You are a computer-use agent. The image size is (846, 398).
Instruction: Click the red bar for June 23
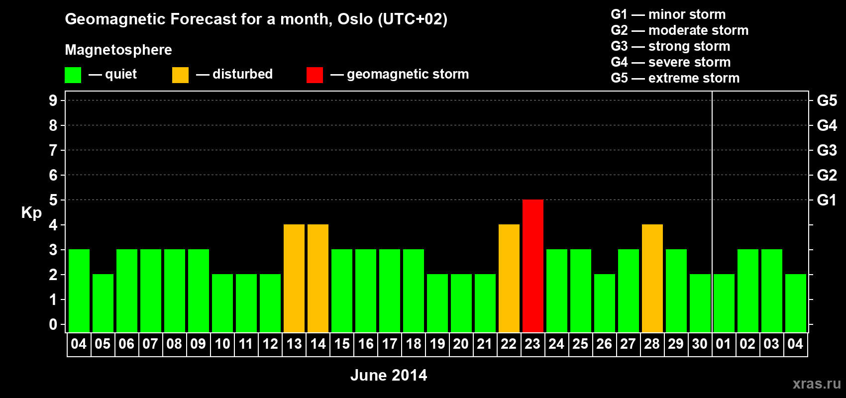[533, 266]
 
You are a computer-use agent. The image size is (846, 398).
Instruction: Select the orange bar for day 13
[294, 278]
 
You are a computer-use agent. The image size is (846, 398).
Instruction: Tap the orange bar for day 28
[652, 278]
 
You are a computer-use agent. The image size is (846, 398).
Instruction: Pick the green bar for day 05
[103, 303]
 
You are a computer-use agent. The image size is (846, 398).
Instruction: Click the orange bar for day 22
[509, 278]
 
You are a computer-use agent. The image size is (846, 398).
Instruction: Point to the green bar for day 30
[700, 303]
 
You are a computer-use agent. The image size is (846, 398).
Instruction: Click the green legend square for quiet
[73, 75]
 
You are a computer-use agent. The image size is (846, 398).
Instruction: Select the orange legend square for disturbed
[180, 75]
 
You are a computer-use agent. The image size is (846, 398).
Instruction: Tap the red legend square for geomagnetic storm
[315, 75]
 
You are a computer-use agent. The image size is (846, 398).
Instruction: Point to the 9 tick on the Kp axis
[53, 100]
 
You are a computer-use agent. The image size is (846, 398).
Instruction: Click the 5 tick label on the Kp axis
[53, 200]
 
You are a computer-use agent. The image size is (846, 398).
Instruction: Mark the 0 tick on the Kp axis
[53, 324]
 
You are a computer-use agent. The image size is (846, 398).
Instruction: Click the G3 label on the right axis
[827, 150]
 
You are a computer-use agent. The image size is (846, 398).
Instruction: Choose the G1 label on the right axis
[827, 200]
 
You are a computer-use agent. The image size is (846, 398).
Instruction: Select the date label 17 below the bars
[389, 344]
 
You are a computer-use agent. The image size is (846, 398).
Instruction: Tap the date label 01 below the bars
[724, 344]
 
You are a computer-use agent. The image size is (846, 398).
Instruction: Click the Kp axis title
[31, 213]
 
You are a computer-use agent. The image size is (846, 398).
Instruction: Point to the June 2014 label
[389, 375]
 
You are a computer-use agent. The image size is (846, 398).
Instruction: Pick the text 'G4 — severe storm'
[671, 62]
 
